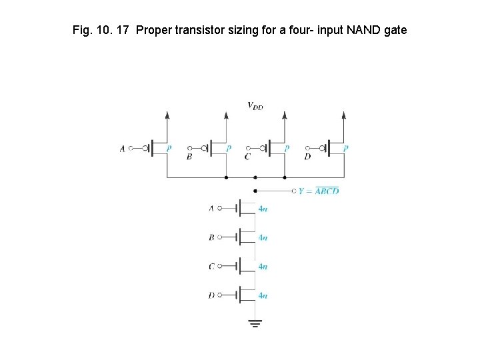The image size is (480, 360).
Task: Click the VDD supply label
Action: (255, 105)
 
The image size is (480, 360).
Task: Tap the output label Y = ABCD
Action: (319, 191)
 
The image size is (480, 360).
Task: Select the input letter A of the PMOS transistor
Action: (123, 149)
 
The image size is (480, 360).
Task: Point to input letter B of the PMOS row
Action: (189, 157)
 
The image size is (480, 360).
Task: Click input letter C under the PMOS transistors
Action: (247, 157)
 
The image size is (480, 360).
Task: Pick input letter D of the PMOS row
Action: (307, 157)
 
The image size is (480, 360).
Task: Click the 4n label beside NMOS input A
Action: (263, 209)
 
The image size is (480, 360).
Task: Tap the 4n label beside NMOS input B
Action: (263, 237)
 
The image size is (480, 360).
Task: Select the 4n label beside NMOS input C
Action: (263, 267)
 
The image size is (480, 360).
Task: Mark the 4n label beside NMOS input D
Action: (263, 295)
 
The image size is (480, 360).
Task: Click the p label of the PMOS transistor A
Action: (169, 149)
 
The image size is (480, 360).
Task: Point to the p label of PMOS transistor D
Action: (346, 149)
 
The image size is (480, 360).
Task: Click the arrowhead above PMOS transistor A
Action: (167, 115)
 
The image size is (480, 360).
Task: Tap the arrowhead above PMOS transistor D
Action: (344, 115)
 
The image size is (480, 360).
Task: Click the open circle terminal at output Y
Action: (295, 191)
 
